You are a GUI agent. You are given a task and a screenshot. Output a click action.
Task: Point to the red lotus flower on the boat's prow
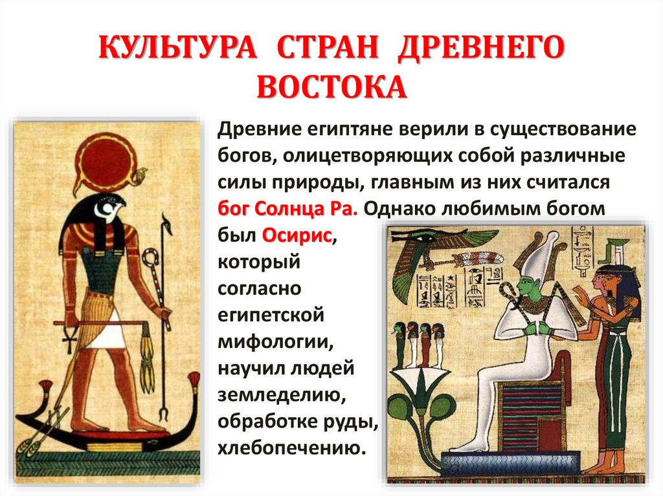[x=46, y=390]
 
